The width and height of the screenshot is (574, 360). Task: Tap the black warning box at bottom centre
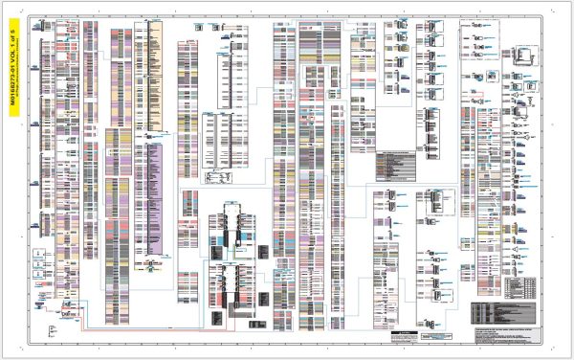click(408, 337)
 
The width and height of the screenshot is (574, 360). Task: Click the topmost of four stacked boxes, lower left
click(38, 252)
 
